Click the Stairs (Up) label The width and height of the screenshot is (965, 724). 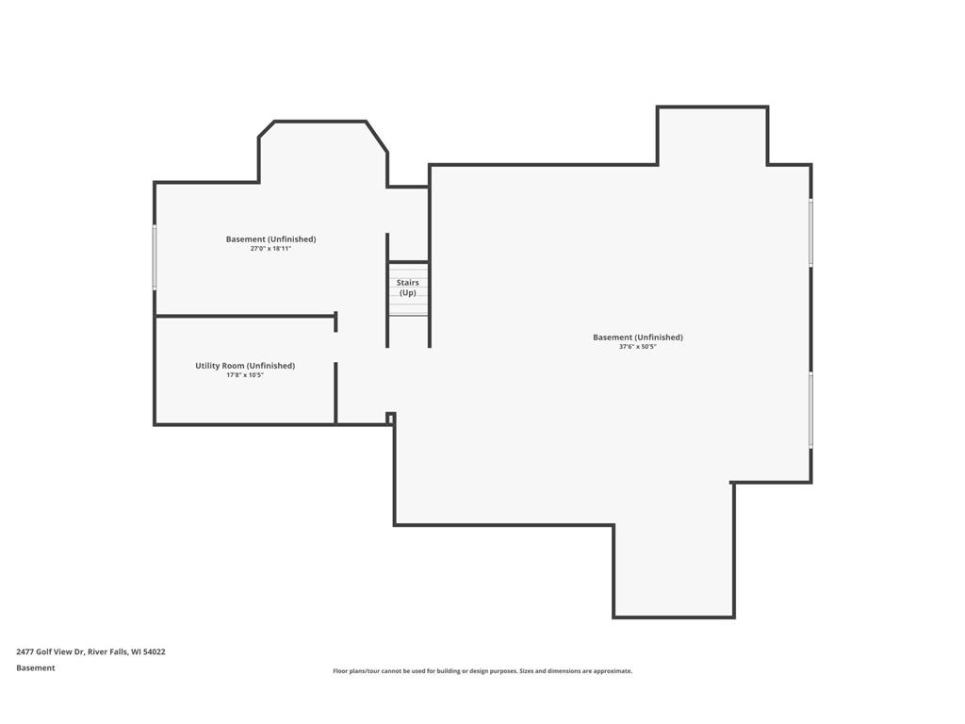pos(407,288)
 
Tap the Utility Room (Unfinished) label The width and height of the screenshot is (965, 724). pos(245,366)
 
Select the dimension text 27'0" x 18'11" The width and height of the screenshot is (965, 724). pos(270,249)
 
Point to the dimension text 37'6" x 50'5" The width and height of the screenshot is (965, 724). pos(638,347)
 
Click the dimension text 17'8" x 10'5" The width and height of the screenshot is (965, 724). pos(245,375)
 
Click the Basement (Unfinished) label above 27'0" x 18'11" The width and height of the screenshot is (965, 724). pos(270,239)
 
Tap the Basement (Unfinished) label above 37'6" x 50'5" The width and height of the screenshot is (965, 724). pos(638,337)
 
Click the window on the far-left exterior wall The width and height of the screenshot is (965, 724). pos(155,256)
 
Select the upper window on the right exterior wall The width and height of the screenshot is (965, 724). pos(810,233)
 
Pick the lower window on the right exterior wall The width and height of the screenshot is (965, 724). pos(810,409)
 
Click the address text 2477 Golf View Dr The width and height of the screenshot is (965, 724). pos(49,652)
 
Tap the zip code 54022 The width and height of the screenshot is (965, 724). pos(155,652)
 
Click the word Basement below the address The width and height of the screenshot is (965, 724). pos(36,668)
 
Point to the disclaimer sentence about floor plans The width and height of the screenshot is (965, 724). pos(482,671)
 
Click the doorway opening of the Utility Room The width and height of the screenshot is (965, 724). pos(336,347)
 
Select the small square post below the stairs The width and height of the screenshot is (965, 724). pos(390,418)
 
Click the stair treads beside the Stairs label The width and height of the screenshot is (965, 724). pos(408,289)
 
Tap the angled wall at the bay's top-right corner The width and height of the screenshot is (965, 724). pos(377,137)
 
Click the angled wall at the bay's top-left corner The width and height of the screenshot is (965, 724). pos(266,129)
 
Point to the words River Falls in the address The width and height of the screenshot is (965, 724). pos(107,652)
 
